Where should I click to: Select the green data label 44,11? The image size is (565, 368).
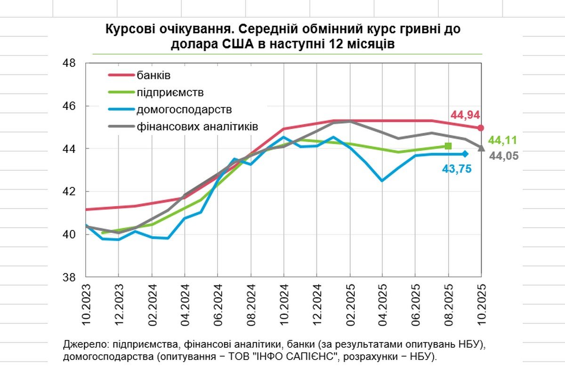pyautogui.click(x=503, y=140)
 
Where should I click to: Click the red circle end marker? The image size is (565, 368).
pyautogui.click(x=481, y=128)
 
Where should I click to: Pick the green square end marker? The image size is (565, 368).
pyautogui.click(x=448, y=146)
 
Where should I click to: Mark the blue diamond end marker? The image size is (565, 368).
pyautogui.click(x=465, y=154)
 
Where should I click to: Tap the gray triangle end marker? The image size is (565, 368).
pyautogui.click(x=481, y=148)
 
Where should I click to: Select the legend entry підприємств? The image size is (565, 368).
pyautogui.click(x=170, y=92)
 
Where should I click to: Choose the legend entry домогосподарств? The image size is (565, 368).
pyautogui.click(x=184, y=110)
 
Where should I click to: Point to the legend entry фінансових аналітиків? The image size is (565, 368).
pyautogui.click(x=197, y=127)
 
